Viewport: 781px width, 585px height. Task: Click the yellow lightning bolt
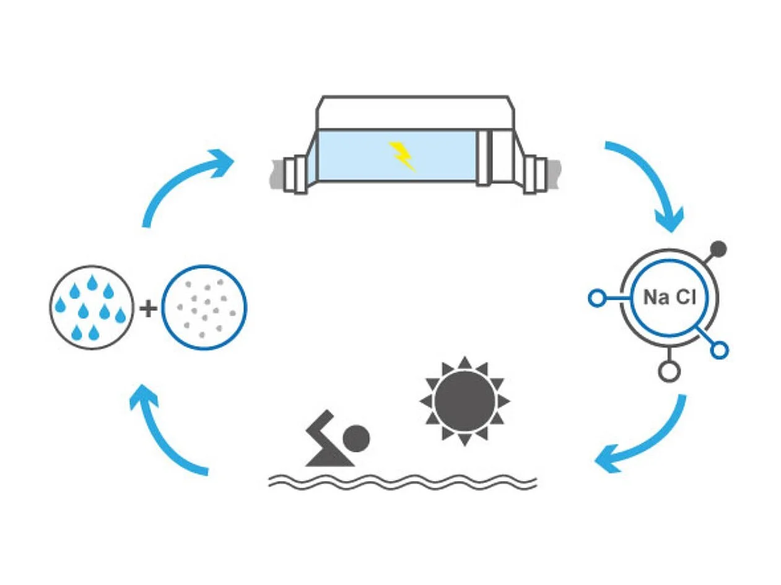pyautogui.click(x=401, y=155)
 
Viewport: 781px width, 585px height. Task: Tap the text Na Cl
pyautogui.click(x=670, y=298)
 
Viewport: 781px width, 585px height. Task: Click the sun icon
pyautogui.click(x=465, y=401)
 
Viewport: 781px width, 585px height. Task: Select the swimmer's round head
pyautogui.click(x=356, y=438)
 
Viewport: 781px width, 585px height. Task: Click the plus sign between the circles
pyautogui.click(x=147, y=308)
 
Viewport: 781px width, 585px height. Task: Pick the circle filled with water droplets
pyautogui.click(x=91, y=308)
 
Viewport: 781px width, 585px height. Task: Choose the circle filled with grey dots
pyautogui.click(x=204, y=308)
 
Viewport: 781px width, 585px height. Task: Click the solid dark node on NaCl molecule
pyautogui.click(x=718, y=249)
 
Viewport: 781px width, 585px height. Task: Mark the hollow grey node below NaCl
pyautogui.click(x=668, y=371)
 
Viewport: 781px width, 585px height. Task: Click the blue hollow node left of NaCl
pyautogui.click(x=596, y=298)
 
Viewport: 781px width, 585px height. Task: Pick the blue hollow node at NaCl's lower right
pyautogui.click(x=719, y=350)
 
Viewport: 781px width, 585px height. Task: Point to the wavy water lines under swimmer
pyautogui.click(x=403, y=481)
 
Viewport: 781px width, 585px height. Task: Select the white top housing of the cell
pyautogui.click(x=415, y=113)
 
